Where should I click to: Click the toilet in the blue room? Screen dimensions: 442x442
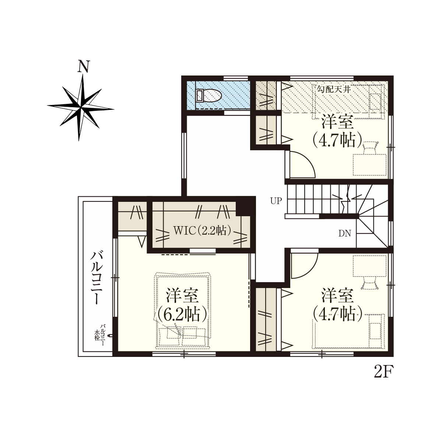tap(209, 95)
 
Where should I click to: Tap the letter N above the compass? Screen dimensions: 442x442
tap(84, 66)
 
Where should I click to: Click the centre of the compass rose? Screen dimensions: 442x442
tap(81, 107)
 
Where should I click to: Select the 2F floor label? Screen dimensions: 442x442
tap(384, 371)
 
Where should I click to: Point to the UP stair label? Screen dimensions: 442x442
tap(276, 201)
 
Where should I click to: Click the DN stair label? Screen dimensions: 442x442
tap(345, 234)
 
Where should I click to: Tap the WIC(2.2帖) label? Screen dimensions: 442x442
tap(202, 231)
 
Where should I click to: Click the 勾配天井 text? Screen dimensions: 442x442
tap(334, 89)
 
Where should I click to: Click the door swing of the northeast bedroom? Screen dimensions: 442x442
tap(302, 164)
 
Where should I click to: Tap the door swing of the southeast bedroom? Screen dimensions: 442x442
tap(304, 266)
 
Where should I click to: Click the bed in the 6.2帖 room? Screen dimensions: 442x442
tap(183, 311)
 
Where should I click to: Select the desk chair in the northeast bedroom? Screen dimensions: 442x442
tap(370, 148)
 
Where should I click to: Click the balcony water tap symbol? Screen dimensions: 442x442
tap(111, 335)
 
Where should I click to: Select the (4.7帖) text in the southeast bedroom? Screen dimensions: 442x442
tap(337, 313)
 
